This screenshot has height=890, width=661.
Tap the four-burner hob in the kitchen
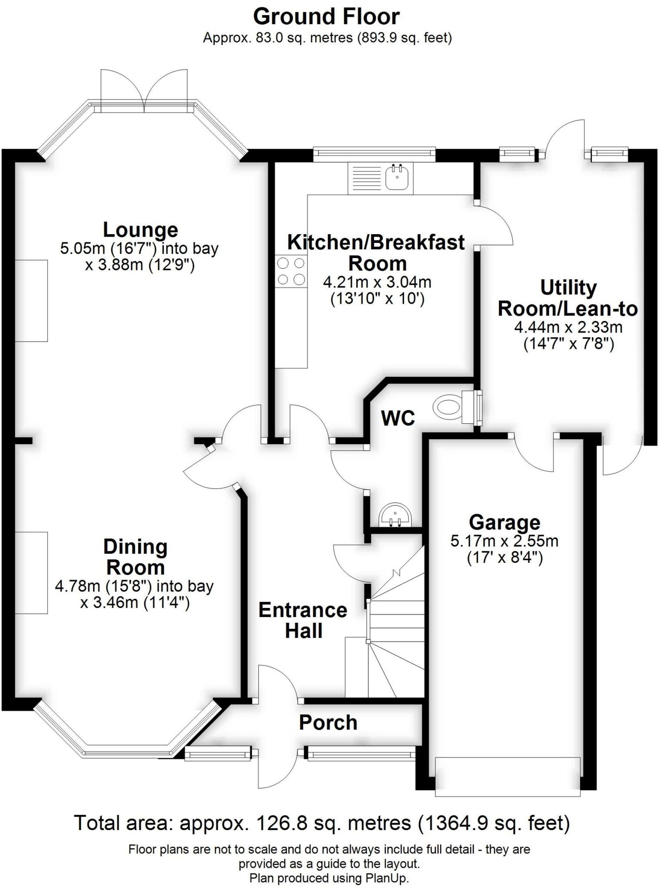[291, 272]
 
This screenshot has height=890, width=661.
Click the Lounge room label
[140, 229]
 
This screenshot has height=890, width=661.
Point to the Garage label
[504, 522]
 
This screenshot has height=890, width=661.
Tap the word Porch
[328, 723]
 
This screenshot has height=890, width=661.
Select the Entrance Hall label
[303, 621]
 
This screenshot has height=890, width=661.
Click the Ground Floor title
[326, 17]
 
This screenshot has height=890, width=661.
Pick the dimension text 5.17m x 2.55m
[504, 541]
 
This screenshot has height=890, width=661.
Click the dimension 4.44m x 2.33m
[568, 327]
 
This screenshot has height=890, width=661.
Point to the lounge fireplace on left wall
[31, 301]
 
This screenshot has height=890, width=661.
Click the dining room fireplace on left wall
[31, 573]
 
